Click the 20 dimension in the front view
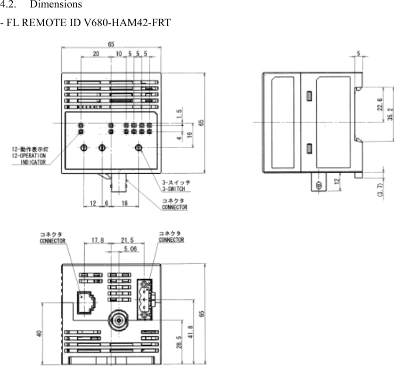[x=95, y=54]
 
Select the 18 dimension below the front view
[x=125, y=204]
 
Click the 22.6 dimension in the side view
[x=379, y=104]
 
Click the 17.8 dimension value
[x=97, y=241]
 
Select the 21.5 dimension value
[x=127, y=241]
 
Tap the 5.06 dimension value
[x=129, y=248]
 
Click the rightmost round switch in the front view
[x=139, y=148]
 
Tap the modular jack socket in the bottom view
[x=86, y=303]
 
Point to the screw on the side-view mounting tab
[x=318, y=185]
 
